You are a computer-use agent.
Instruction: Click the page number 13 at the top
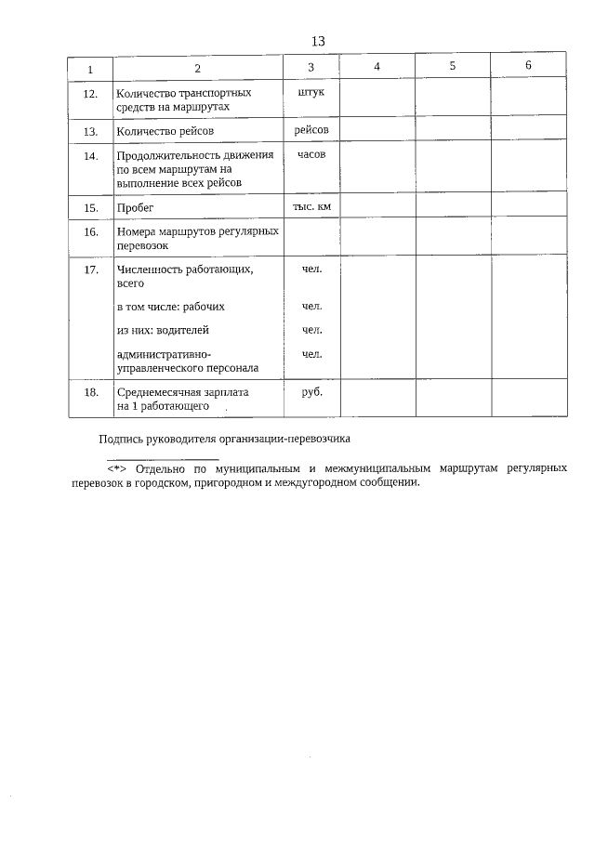point(317,41)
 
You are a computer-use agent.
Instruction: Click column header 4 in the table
point(377,67)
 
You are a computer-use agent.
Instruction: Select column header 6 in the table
point(528,65)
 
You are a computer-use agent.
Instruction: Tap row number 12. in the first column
point(90,95)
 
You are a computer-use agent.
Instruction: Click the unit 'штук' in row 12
point(311,94)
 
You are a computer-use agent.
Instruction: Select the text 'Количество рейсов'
point(165,131)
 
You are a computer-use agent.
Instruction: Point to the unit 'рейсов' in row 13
point(311,129)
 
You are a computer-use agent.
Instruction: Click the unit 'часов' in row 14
point(311,154)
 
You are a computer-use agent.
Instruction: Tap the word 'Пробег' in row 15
point(135,207)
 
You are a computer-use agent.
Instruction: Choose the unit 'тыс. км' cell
point(311,205)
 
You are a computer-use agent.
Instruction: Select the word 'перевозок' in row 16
point(142,247)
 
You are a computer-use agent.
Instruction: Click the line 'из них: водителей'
point(163,330)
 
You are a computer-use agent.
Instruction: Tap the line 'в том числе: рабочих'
point(170,306)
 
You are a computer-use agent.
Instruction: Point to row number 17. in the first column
point(90,269)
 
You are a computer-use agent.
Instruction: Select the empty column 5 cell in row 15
point(453,205)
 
